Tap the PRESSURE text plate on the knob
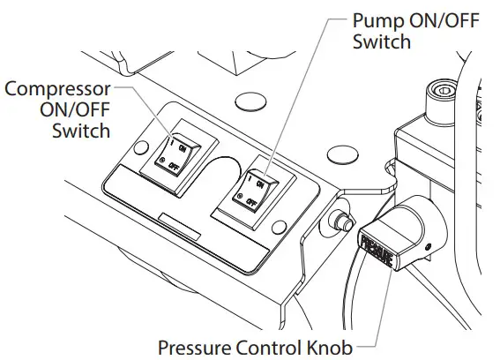(x=374, y=247)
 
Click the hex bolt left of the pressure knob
(x=336, y=219)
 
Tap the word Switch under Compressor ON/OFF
(x=82, y=131)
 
